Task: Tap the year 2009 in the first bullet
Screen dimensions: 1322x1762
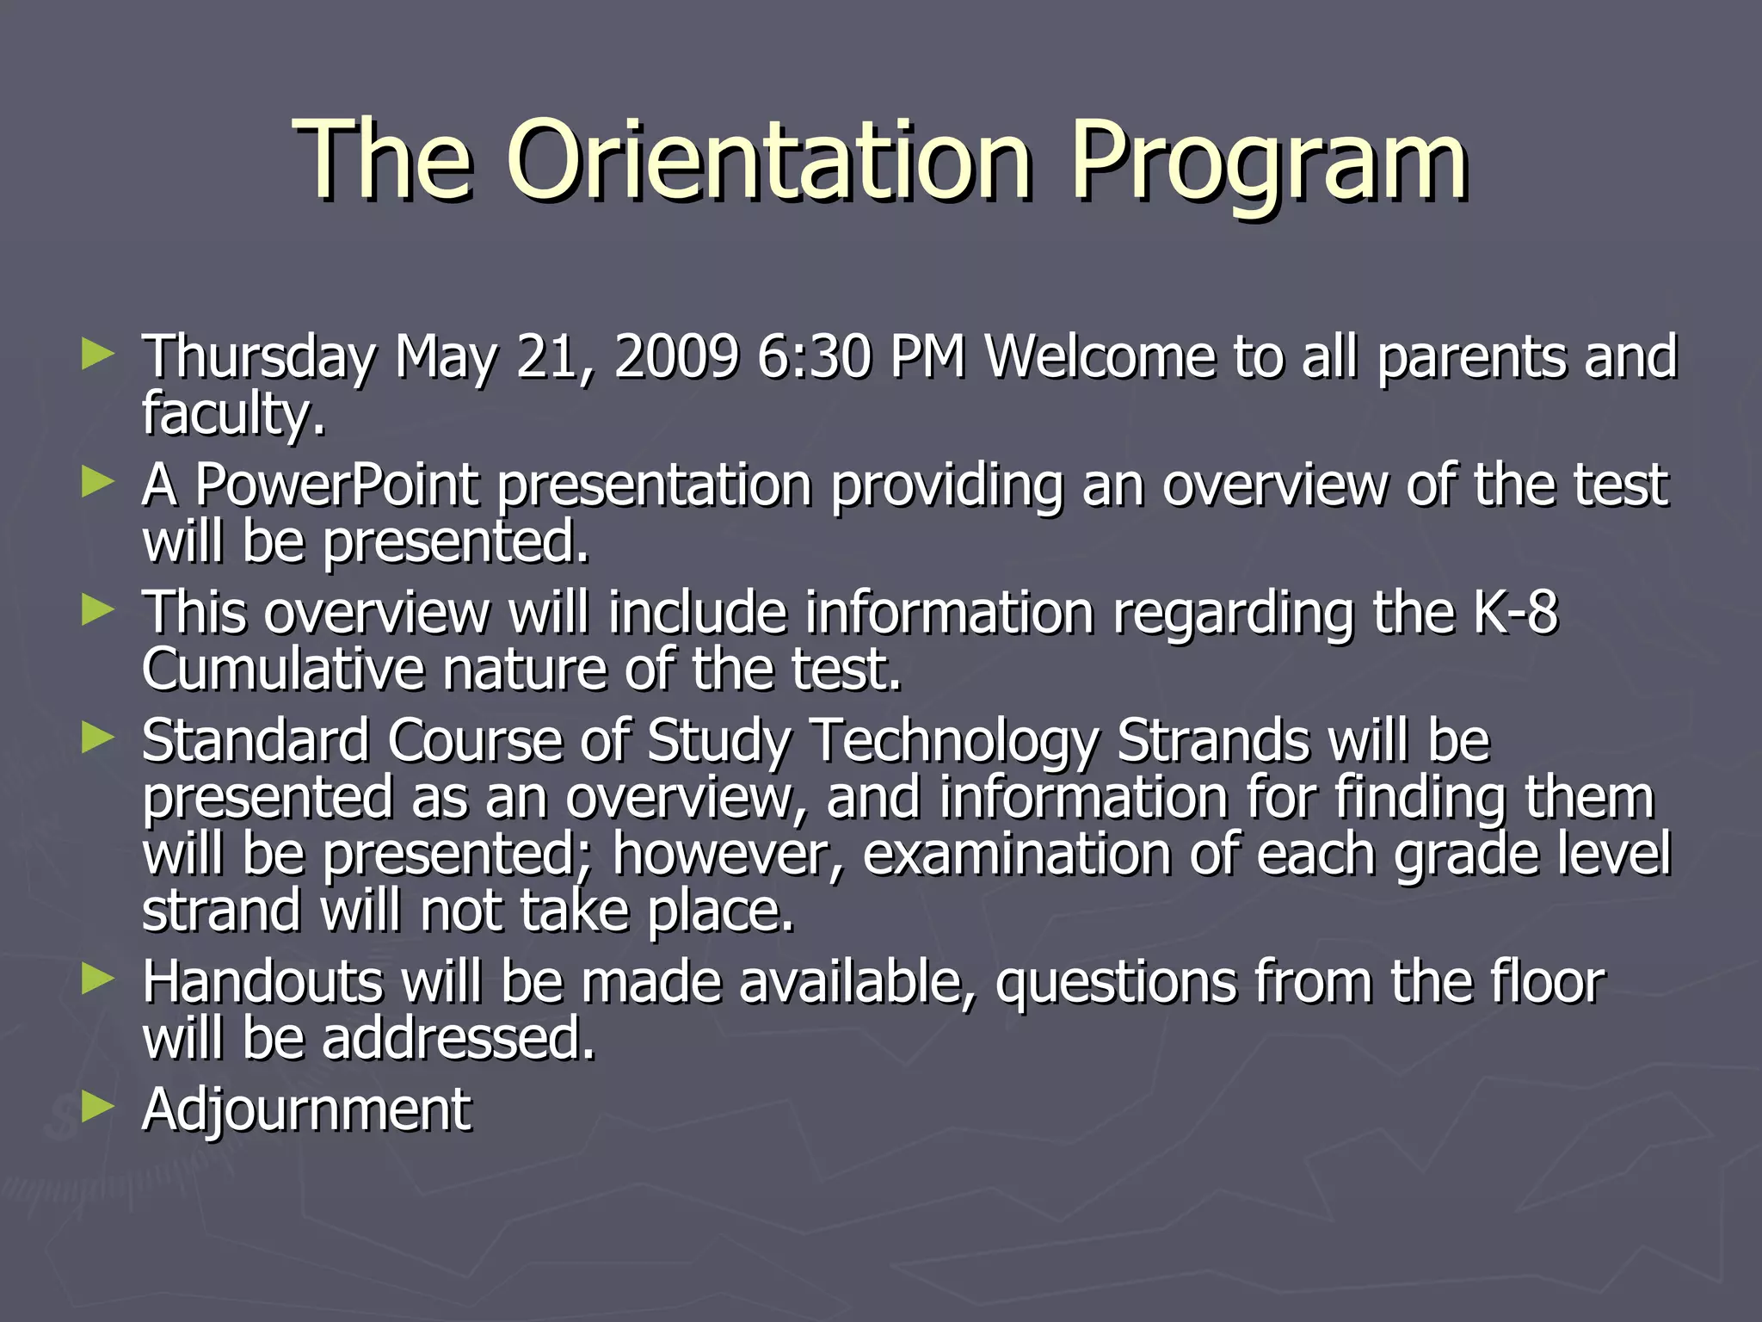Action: click(x=675, y=356)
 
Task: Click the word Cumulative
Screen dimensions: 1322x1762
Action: click(x=283, y=670)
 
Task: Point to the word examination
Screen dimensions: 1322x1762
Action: click(x=1015, y=855)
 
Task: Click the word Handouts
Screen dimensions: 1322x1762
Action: click(x=262, y=982)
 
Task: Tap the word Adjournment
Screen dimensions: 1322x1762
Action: click(x=306, y=1109)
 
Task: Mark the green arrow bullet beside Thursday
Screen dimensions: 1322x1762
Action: click(x=97, y=354)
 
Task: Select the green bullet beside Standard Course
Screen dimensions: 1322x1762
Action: click(x=97, y=738)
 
